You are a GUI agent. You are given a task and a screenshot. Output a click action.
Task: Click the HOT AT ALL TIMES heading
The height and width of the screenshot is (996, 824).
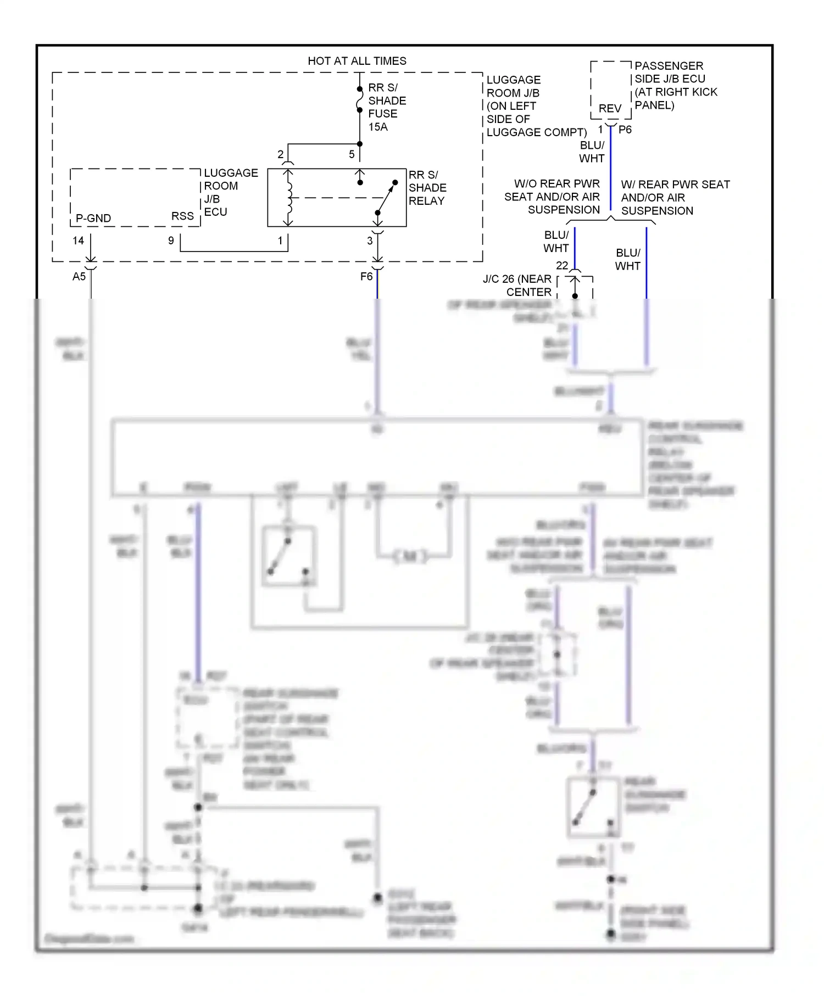357,61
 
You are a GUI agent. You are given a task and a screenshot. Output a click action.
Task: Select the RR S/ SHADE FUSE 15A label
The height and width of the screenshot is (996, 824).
386,107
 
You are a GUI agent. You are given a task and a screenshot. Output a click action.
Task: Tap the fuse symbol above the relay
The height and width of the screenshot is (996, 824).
360,99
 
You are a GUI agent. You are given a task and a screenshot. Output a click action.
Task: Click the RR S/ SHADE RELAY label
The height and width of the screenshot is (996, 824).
427,188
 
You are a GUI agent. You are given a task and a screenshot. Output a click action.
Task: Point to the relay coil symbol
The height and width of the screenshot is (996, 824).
288,198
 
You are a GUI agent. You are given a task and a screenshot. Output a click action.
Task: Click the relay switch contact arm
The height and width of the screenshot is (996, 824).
387,198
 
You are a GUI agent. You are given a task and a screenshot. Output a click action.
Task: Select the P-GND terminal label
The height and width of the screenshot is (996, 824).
93,218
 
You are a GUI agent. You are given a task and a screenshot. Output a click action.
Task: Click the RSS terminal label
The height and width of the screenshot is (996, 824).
182,216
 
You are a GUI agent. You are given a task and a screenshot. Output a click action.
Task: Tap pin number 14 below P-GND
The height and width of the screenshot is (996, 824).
78,240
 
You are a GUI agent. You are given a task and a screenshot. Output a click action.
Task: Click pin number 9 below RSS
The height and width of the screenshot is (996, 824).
171,240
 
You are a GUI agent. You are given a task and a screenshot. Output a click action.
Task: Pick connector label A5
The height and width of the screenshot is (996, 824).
79,276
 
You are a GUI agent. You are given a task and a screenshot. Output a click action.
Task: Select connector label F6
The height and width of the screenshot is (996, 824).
366,276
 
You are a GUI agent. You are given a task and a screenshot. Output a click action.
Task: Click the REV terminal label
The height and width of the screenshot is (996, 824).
610,109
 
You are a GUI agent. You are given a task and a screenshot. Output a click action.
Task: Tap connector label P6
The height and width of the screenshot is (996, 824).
625,130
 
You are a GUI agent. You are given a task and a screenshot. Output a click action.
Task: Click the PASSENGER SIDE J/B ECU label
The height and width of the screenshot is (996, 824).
675,85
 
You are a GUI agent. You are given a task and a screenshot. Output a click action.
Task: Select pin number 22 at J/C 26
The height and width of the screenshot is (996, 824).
562,265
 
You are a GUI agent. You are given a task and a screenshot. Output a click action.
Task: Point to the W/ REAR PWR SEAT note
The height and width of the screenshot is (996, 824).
675,198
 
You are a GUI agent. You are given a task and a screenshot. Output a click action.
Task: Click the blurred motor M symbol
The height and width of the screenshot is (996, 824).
410,557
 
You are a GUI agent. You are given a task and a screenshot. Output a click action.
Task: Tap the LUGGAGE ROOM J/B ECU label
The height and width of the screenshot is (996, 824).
230,192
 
